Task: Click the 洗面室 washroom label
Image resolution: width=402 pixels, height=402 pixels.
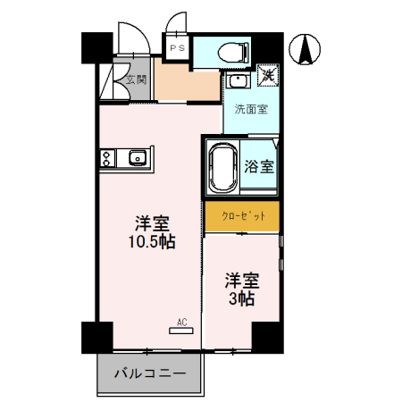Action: [x=251, y=110]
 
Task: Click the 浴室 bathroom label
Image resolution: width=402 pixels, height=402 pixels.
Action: [x=259, y=166]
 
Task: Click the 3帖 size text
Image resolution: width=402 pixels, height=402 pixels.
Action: [x=240, y=298]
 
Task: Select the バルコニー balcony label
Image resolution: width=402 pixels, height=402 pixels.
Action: [x=149, y=373]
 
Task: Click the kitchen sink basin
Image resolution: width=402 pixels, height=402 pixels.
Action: [x=137, y=160]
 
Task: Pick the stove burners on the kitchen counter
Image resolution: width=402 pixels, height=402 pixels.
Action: [x=108, y=160]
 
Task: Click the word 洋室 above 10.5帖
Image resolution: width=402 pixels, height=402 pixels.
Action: [x=153, y=222]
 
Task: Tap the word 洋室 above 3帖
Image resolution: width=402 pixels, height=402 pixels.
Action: [x=241, y=278]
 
